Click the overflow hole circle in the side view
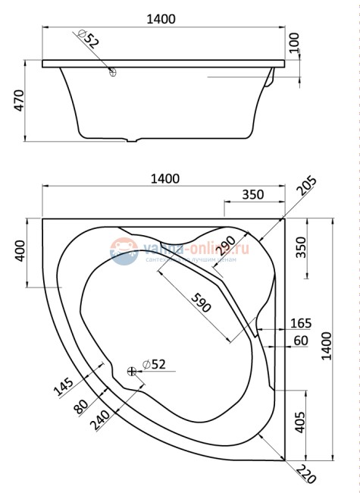112,73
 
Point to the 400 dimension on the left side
20,250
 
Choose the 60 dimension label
300,341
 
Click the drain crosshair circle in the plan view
133,371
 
